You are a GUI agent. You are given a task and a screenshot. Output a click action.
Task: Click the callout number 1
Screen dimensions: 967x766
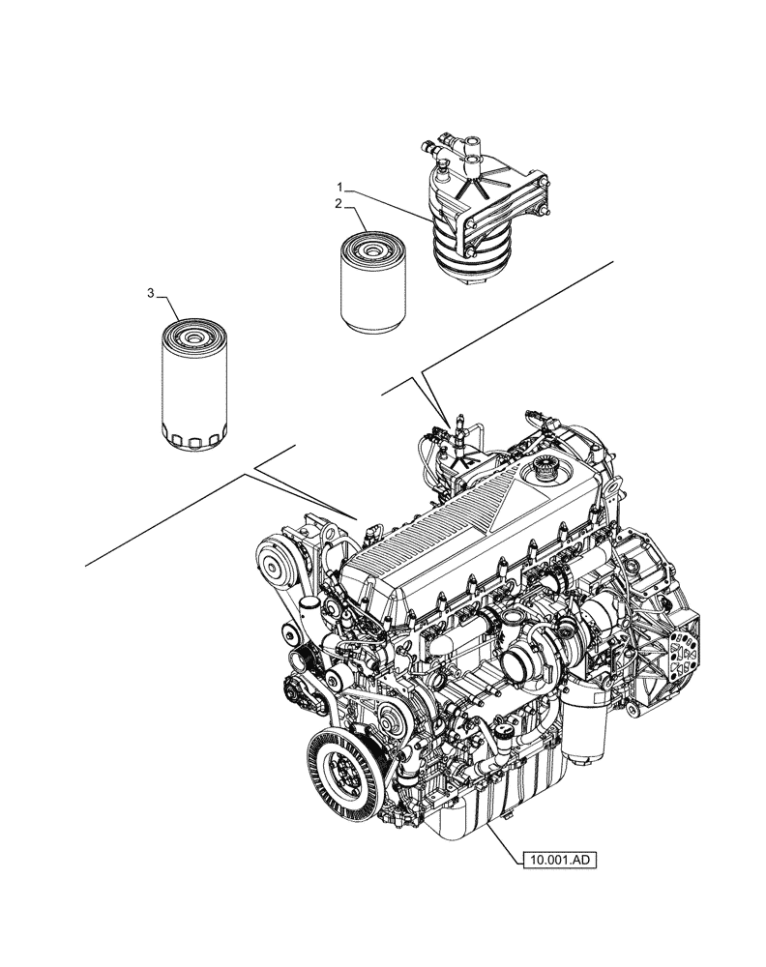339,185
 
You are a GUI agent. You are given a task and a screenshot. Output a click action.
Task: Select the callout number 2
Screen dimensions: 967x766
339,204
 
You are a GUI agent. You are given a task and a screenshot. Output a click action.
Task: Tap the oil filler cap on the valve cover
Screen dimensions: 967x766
539,475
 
